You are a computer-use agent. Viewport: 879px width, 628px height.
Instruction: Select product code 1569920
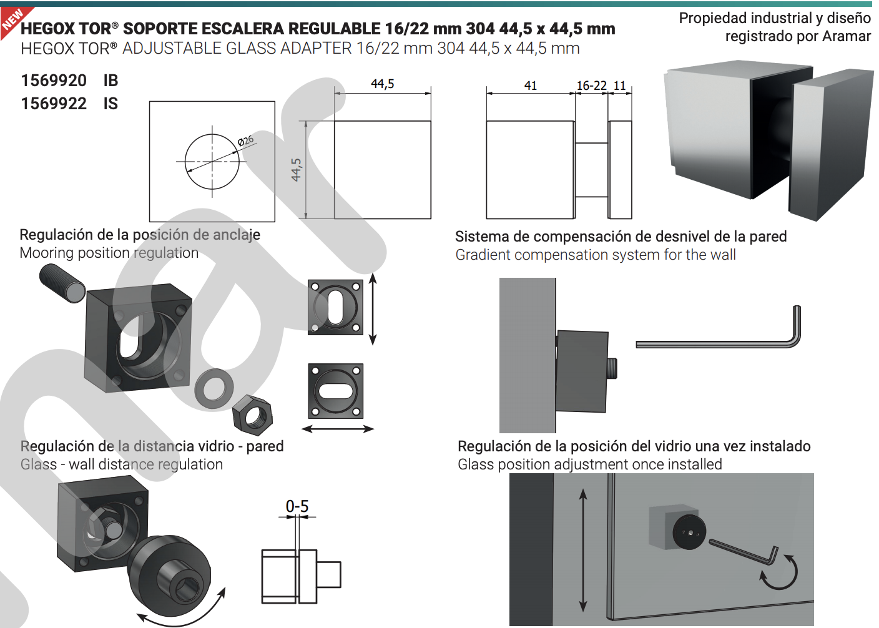tap(54, 81)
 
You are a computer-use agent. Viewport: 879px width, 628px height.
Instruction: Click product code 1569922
tap(54, 104)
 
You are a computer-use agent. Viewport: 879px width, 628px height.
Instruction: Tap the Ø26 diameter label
tap(246, 140)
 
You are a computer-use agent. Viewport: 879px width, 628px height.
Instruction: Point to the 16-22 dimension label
tap(591, 86)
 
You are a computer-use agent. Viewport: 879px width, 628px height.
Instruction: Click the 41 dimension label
tap(531, 86)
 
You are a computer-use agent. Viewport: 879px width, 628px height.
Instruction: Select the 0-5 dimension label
tap(297, 506)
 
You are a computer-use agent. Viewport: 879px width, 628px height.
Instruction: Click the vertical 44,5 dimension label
tap(297, 170)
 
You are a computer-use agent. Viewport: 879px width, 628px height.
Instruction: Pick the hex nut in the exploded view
tap(252, 415)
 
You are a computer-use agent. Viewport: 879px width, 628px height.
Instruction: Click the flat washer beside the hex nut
tap(214, 386)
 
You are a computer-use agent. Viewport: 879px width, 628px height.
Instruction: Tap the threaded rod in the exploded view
tap(62, 283)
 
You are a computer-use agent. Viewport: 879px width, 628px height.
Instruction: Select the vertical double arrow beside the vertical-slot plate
tap(373, 308)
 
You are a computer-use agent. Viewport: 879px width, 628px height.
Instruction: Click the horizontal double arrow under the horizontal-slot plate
tap(337, 429)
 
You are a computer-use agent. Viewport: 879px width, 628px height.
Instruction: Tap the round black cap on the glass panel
tap(689, 532)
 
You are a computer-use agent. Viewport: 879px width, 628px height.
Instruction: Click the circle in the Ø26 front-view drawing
tap(212, 162)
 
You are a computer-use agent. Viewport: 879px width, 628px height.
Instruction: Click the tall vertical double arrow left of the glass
tap(583, 550)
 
